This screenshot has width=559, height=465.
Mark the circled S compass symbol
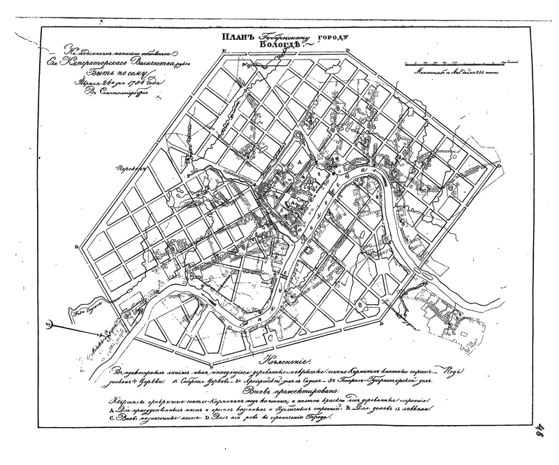coord(47,324)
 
